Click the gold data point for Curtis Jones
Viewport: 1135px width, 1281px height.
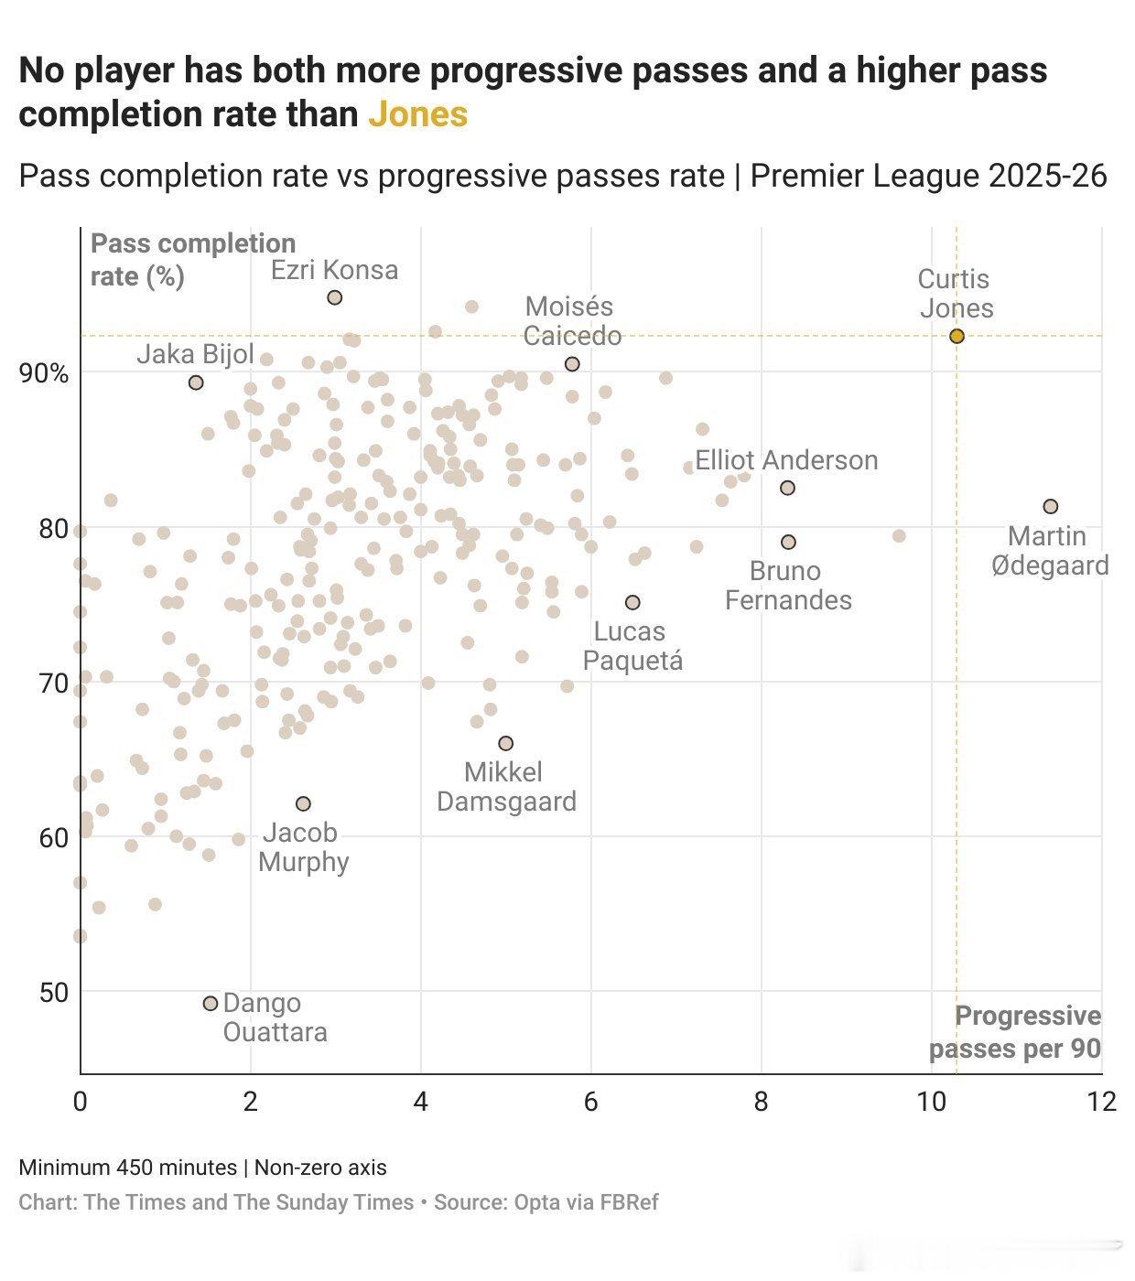click(957, 336)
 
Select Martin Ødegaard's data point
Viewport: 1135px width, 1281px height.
click(1051, 506)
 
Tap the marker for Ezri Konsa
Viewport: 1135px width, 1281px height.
click(335, 297)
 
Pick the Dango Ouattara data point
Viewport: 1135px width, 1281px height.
click(210, 1003)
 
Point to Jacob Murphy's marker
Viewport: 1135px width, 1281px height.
click(303, 803)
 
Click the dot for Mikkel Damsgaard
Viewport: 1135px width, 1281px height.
click(505, 743)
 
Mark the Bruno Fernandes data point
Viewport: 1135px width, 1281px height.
click(788, 542)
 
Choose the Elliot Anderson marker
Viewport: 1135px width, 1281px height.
click(787, 488)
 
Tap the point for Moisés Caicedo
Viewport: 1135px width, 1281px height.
click(572, 363)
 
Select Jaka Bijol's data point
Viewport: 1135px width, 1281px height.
click(195, 382)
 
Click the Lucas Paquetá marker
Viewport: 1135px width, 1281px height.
click(632, 602)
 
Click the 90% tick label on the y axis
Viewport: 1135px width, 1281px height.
click(43, 373)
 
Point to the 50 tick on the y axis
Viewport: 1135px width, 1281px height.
click(52, 992)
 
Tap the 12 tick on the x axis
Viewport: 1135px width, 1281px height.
click(1101, 1101)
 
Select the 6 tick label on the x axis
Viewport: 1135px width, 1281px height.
click(591, 1101)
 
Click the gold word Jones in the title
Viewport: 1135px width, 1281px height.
click(418, 114)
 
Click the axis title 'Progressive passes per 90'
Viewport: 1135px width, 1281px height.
click(1016, 1032)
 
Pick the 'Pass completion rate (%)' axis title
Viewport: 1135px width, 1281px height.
click(192, 259)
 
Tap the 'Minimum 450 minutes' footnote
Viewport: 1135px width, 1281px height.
click(127, 1168)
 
